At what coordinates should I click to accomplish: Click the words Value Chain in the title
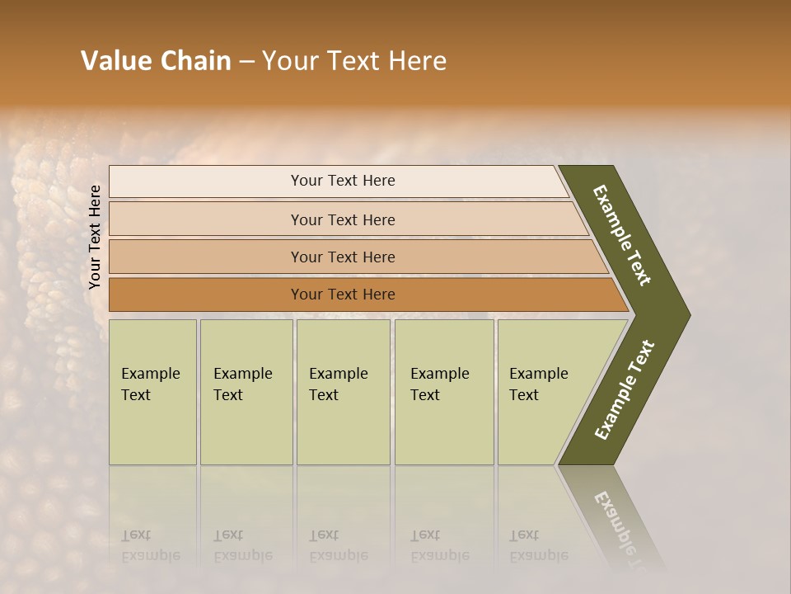coord(156,61)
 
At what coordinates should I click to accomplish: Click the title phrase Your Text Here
coord(354,61)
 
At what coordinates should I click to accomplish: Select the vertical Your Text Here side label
coord(95,237)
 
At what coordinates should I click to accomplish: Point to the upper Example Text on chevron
coord(623,235)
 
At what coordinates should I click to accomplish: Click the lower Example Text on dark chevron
coord(625,390)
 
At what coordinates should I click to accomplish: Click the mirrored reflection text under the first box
coord(150,545)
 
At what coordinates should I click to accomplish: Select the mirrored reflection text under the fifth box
coord(538,545)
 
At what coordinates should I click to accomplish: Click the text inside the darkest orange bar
coord(343,295)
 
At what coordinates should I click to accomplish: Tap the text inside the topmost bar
coord(343,181)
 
